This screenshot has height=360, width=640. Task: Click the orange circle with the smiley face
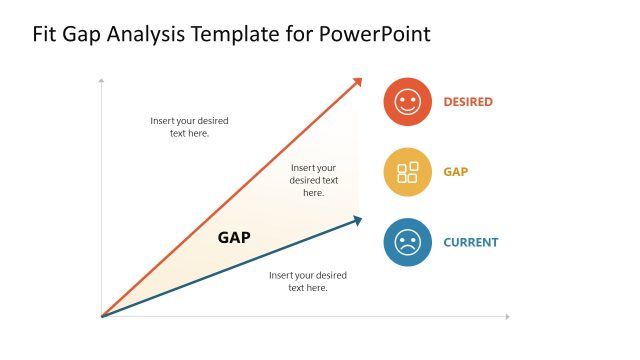[407, 102]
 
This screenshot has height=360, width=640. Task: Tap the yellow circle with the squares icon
[407, 172]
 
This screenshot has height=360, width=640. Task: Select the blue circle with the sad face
[407, 242]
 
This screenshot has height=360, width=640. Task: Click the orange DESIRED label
[468, 102]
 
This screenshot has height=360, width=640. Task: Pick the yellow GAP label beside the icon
[456, 172]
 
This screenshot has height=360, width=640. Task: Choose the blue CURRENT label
[471, 242]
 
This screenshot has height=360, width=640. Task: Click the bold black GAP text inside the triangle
[234, 238]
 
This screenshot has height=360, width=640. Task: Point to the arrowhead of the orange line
[357, 82]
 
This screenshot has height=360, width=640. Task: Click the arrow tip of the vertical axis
[102, 79]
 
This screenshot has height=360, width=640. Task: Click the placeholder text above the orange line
[189, 127]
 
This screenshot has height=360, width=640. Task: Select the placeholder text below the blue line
[308, 281]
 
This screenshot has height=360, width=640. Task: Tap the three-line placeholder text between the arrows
[314, 180]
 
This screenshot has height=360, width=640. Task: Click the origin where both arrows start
[103, 316]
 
